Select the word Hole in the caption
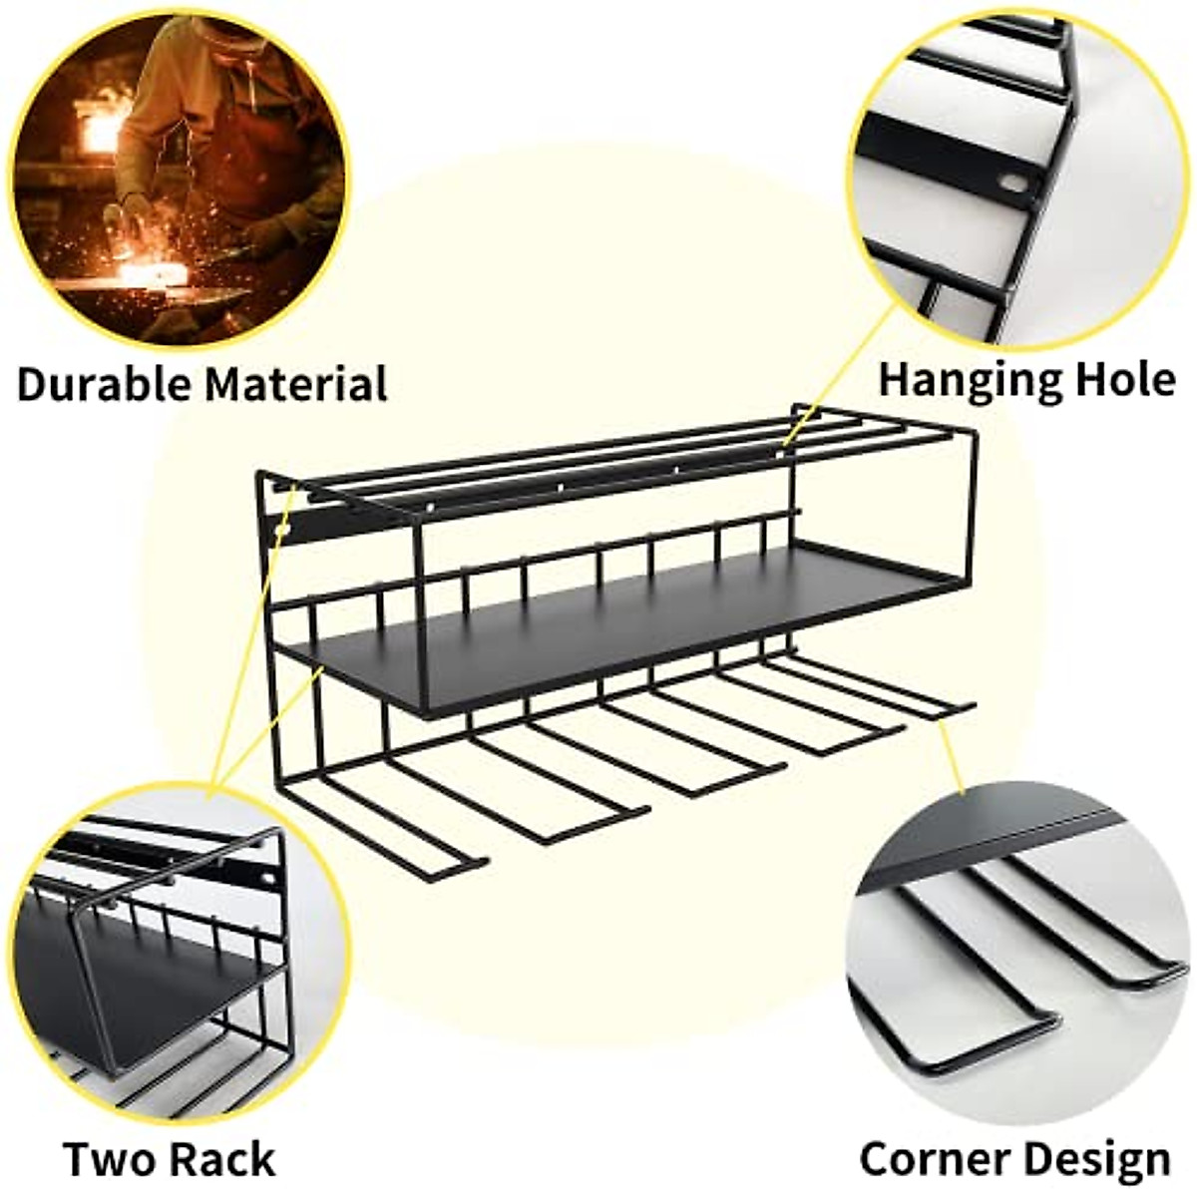(1125, 380)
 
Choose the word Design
(1097, 1159)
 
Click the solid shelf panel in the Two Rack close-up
(130, 988)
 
